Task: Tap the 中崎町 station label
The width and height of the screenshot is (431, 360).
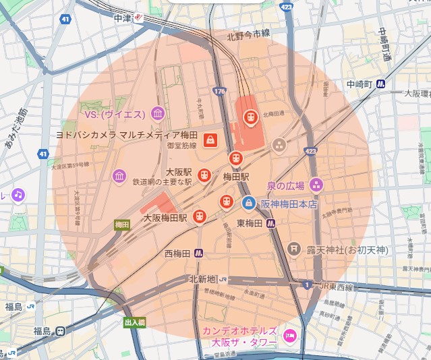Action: click(360, 84)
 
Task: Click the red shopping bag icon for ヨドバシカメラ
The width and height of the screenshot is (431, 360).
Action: click(210, 140)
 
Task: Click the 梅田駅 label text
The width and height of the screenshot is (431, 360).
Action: click(236, 177)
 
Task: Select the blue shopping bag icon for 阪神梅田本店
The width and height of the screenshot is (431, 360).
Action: click(249, 202)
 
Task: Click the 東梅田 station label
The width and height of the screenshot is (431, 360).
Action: click(250, 223)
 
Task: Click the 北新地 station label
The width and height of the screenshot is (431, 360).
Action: click(202, 279)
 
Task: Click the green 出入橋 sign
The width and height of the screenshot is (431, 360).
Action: click(134, 323)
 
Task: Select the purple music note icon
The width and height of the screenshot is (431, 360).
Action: click(18, 194)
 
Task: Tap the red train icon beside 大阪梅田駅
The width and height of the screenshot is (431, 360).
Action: click(199, 216)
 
